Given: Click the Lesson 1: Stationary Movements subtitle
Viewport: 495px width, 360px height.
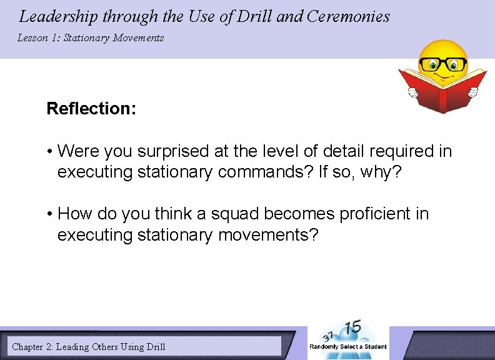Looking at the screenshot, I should coord(91,38).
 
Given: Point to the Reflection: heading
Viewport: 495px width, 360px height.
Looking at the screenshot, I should coord(91,109).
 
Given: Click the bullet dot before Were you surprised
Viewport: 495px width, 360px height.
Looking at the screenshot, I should coord(49,152).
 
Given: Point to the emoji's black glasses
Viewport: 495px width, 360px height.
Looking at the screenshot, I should coord(443,64).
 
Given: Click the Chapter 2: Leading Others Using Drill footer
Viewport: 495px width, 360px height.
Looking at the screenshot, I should coord(89,346).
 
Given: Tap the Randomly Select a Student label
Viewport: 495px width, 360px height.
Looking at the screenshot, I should coord(348,347).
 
